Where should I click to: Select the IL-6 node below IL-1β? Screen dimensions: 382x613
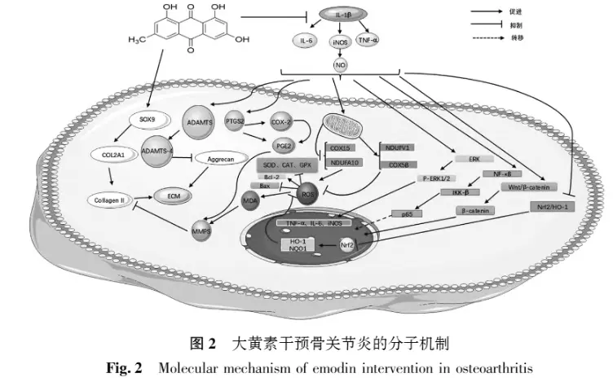(304, 38)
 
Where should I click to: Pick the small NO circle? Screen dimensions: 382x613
(340, 64)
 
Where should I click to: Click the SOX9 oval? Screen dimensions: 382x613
(148, 119)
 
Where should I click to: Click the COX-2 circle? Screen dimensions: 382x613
(281, 118)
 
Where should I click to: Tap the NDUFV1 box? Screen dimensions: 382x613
(399, 147)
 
